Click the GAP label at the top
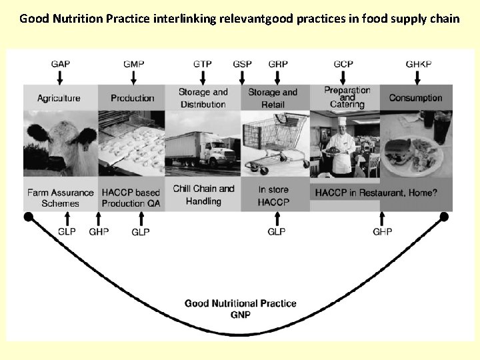point(60,64)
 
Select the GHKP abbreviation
point(419,64)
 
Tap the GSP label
point(242,64)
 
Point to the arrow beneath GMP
point(133,77)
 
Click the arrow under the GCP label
point(343,77)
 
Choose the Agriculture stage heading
point(59,98)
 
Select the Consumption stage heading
point(415,98)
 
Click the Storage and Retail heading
point(273,98)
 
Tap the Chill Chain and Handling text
point(203,195)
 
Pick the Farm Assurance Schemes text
point(60,198)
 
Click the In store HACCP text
point(273,195)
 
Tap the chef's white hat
point(343,121)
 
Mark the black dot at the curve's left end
point(28,217)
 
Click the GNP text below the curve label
point(240,314)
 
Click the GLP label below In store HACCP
point(276,231)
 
